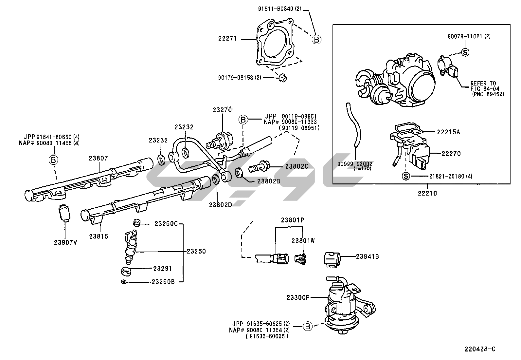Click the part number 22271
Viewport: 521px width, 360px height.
point(227,39)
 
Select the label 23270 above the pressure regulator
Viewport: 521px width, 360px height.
point(222,110)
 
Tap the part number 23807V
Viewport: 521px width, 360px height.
point(65,242)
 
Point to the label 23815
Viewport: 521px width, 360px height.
point(99,237)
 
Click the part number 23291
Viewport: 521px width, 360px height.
point(162,269)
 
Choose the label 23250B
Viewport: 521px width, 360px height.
point(163,282)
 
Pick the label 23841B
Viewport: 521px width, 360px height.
point(368,256)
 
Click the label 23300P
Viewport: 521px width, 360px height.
point(298,297)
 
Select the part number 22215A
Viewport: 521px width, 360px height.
point(448,132)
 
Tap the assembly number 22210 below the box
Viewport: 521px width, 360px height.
point(427,193)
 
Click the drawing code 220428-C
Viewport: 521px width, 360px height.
point(480,349)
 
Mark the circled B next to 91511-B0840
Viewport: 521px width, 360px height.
point(316,40)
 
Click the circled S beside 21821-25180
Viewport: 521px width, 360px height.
point(405,176)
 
